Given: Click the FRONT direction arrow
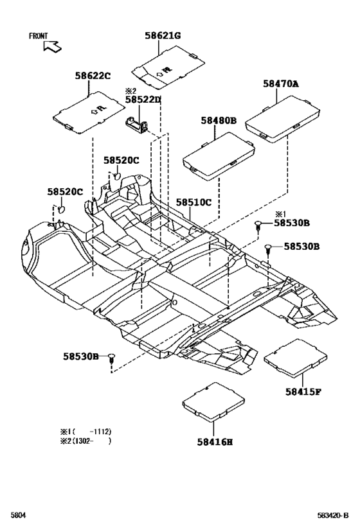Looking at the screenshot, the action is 52,46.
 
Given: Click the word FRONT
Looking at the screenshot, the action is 39,35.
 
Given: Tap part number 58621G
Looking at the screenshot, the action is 163,35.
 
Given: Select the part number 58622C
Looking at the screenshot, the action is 93,76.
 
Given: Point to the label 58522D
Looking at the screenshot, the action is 143,100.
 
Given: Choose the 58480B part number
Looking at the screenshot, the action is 219,121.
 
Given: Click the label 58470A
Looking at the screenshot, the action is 281,84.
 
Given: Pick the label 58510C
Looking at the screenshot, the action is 194,202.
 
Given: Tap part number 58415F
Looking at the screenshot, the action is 303,392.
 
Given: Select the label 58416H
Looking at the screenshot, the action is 215,442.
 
